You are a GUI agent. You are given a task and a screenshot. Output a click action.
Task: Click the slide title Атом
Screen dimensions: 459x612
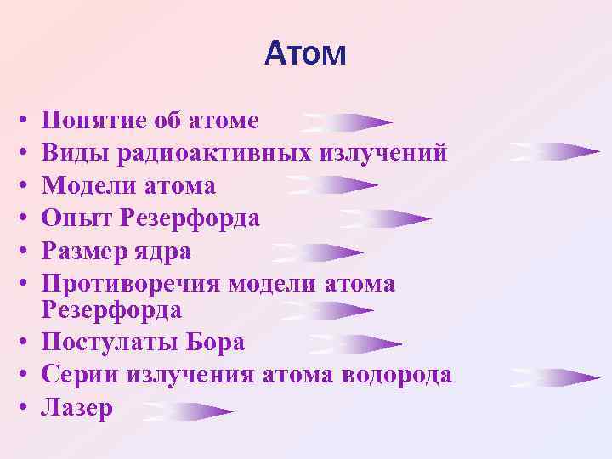coord(305,54)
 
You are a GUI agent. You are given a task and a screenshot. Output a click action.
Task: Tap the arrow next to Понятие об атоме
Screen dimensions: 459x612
coord(347,123)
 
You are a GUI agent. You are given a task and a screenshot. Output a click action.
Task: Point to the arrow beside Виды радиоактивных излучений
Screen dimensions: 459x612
coord(554,153)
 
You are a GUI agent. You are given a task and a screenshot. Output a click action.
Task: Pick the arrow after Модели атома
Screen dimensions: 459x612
coord(332,185)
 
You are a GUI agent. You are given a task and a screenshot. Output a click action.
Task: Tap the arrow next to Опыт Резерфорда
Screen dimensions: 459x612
coord(385,219)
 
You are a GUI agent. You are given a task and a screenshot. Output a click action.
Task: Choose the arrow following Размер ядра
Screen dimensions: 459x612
coord(318,252)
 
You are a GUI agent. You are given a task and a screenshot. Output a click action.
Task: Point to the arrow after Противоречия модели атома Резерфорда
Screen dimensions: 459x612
coord(327,310)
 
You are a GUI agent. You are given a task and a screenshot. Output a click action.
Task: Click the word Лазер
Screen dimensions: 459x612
coord(77,408)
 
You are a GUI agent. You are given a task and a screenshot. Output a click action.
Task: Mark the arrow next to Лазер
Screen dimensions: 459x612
coord(188,412)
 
